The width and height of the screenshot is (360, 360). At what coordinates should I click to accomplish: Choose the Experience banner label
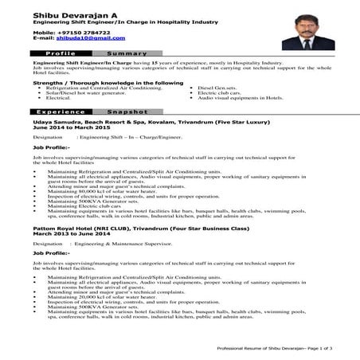(61, 112)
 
